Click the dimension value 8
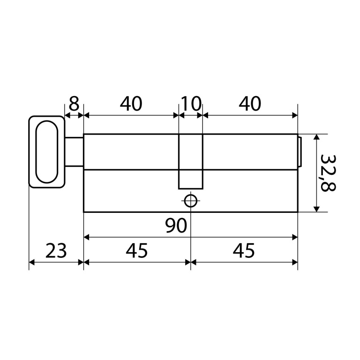74,104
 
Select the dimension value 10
191,104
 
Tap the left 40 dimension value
131,104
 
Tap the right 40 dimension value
250,104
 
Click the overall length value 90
176,225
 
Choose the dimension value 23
56,250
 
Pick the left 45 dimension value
136,250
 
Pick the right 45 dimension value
244,250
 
